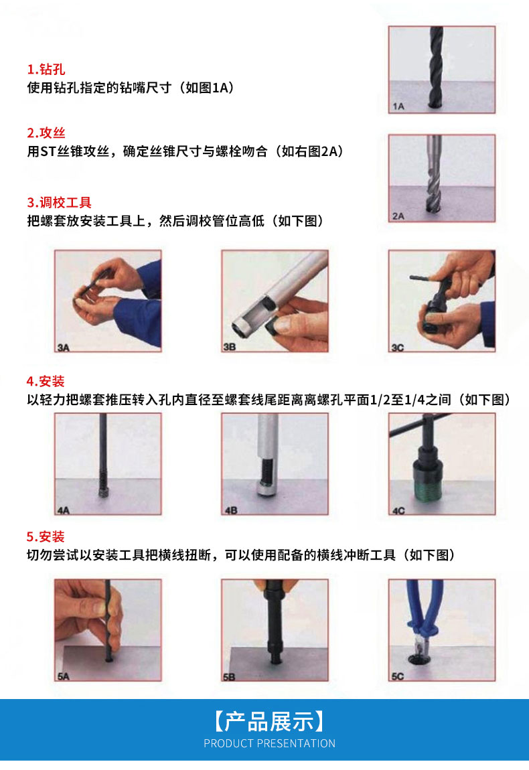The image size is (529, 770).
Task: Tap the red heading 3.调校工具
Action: pos(59,202)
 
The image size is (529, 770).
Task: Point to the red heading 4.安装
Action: pos(46,382)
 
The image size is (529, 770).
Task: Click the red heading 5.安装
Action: pos(46,536)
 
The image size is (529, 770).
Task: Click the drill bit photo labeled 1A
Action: pos(442,69)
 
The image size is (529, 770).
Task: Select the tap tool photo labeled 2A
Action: pos(442,178)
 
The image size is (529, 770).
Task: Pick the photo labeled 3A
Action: pos(108,301)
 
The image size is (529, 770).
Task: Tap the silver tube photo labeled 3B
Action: pos(275,301)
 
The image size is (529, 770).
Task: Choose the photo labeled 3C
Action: pos(442,301)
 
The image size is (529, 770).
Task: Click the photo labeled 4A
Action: pos(108,464)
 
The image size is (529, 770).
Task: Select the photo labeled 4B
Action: pos(275,464)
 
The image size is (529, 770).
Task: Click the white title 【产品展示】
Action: pos(269,721)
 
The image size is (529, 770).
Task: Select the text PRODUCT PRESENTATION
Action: pos(269,743)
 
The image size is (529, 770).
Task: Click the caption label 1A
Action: pos(398,106)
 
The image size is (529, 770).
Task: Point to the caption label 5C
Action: pos(398,676)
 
